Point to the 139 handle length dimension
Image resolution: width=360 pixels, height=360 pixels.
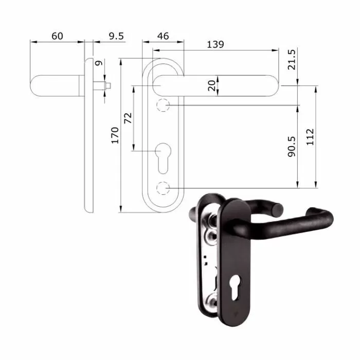tap(214, 44)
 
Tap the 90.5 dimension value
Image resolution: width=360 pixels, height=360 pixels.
tap(292, 147)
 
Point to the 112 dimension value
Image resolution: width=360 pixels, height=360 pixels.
tap(309, 137)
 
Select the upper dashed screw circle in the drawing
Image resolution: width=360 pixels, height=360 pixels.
tap(163, 105)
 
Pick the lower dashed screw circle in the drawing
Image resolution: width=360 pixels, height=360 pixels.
tap(163, 188)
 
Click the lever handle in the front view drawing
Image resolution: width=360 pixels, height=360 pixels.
tap(216, 85)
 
